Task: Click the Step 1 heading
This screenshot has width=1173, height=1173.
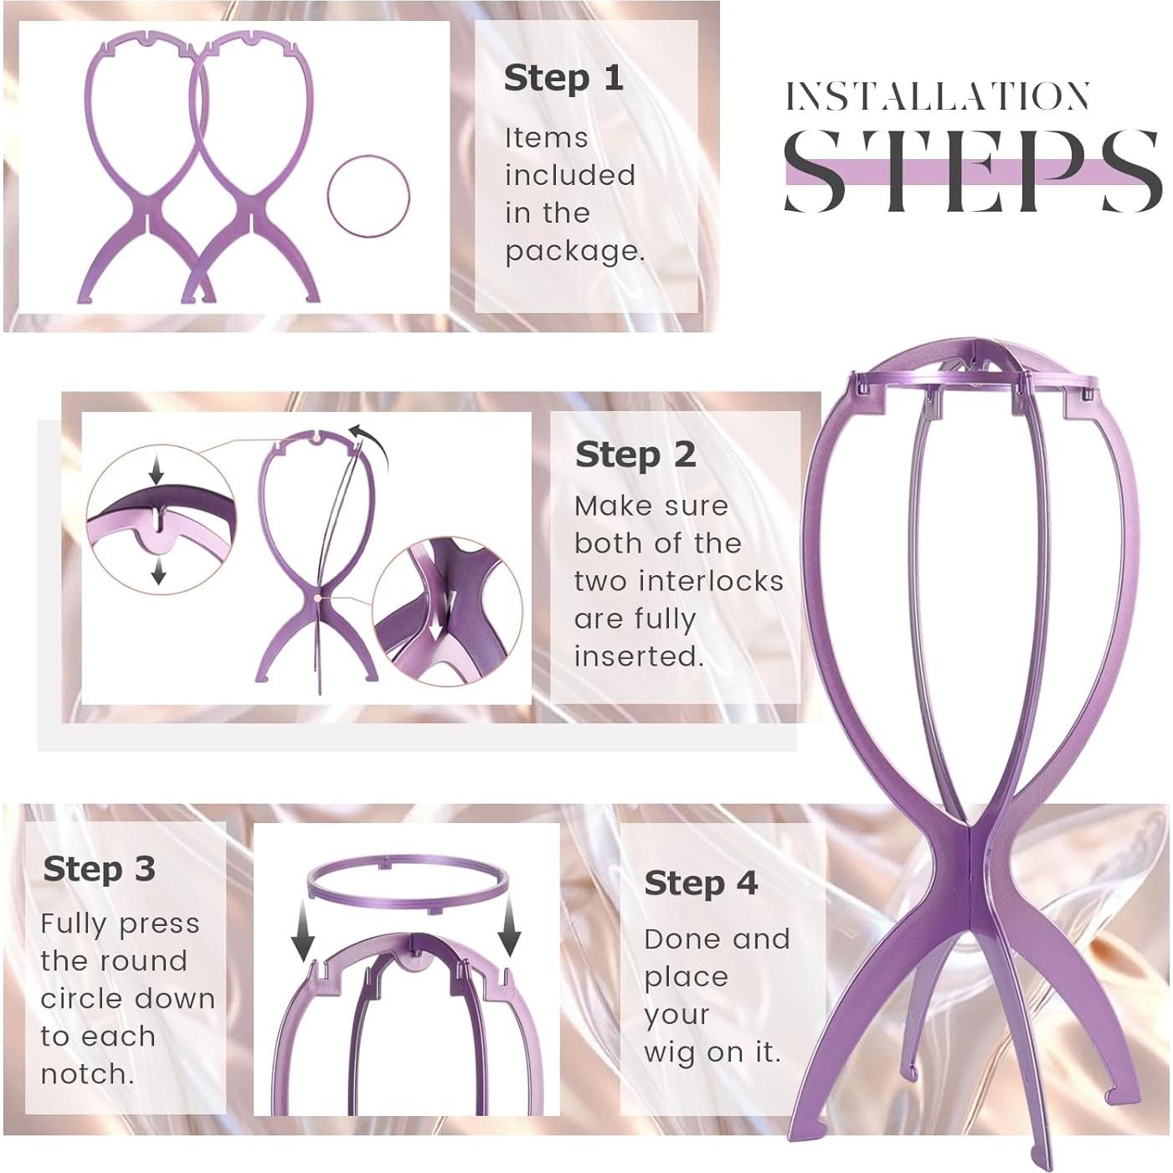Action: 563,79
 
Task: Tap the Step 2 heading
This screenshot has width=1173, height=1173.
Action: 635,455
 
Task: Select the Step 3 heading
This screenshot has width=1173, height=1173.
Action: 99,869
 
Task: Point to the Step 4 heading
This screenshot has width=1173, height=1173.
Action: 700,883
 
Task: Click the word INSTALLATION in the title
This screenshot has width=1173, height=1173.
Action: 937,97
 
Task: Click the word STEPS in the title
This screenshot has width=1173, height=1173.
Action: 971,172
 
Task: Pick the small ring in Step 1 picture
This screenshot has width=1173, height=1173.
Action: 368,196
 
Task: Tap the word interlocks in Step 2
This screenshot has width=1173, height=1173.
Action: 719,581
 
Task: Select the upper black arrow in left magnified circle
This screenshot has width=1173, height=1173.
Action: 156,472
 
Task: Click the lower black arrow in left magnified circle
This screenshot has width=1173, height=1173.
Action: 157,573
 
